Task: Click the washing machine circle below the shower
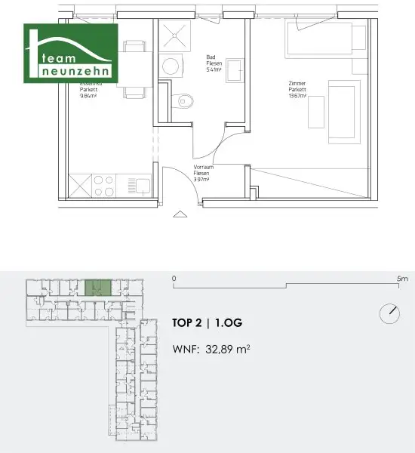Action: click(x=172, y=66)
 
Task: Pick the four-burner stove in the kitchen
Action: click(x=105, y=184)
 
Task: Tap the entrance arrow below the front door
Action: click(x=180, y=214)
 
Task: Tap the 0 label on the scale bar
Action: click(x=174, y=279)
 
